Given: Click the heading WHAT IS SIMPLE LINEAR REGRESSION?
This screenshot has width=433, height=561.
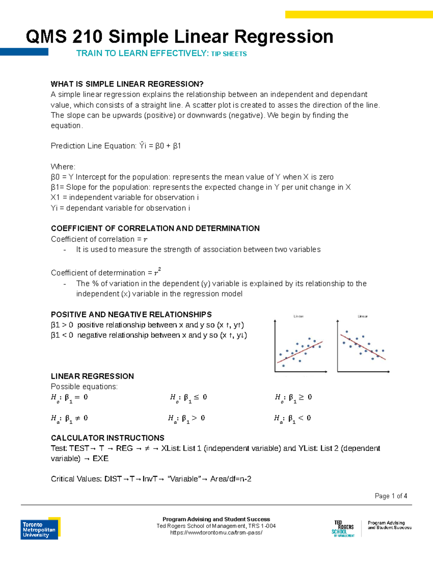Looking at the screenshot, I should click(127, 84).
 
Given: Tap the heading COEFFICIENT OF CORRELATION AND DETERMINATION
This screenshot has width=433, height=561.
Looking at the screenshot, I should click(155, 228).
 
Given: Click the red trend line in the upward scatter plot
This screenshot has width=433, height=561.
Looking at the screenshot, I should click(299, 352).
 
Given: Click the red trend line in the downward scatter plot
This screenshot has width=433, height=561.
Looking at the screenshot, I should click(363, 347).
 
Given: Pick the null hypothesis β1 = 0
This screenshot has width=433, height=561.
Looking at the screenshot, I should click(69, 398).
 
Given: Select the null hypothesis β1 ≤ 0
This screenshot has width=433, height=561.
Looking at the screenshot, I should click(188, 398).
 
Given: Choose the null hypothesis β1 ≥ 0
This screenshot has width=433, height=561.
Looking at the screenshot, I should click(293, 398).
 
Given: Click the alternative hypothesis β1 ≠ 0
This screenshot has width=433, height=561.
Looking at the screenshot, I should click(69, 419).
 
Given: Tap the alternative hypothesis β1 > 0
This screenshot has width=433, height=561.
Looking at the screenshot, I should click(186, 419).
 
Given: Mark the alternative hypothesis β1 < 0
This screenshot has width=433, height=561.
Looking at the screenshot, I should click(292, 419).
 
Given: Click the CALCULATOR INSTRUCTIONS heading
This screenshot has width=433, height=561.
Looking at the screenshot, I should click(108, 438).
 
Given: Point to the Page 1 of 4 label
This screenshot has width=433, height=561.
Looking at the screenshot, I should click(391, 496).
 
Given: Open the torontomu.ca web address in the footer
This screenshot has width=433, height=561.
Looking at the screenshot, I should click(216, 532).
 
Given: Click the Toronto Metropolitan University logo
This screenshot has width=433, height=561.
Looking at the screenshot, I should click(40, 529).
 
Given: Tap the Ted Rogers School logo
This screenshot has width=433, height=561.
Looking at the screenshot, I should click(343, 529).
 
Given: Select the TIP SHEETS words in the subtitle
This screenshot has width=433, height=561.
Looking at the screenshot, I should click(229, 54).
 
